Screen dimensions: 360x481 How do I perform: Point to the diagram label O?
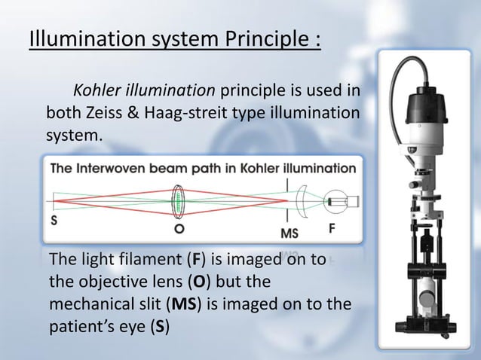click(179, 227)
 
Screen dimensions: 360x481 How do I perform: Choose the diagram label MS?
click(289, 233)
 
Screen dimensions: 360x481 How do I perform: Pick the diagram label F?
click(331, 227)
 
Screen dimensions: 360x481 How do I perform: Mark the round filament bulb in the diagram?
click(338, 201)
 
